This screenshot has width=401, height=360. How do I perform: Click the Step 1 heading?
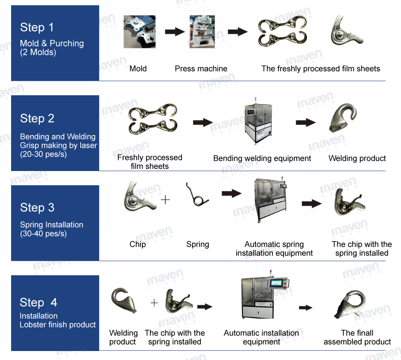click(x=37, y=28)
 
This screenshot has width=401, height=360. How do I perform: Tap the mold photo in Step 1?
click(x=140, y=32)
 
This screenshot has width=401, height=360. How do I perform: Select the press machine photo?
click(x=202, y=32)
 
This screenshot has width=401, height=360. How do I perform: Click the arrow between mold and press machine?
click(x=174, y=32)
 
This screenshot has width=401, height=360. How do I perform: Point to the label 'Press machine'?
click(x=201, y=68)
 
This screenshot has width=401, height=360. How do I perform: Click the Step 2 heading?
click(x=37, y=118)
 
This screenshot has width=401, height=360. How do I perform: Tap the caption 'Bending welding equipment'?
click(x=262, y=158)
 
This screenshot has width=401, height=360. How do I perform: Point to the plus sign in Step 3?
click(x=165, y=199)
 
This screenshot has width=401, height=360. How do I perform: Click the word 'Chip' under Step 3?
click(x=138, y=244)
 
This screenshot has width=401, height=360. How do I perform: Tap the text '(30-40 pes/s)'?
click(x=43, y=234)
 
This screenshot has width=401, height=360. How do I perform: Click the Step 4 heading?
click(x=38, y=302)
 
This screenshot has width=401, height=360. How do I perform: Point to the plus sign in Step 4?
click(x=154, y=303)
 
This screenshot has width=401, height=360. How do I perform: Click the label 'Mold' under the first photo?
click(x=138, y=68)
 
